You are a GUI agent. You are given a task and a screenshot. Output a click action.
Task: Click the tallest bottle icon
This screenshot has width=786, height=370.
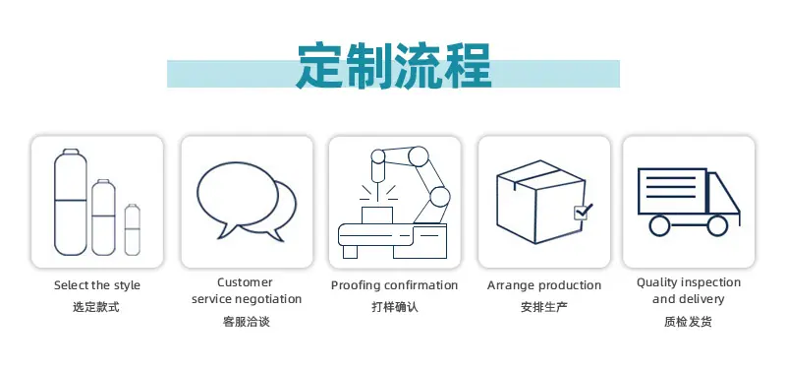pos(70,203)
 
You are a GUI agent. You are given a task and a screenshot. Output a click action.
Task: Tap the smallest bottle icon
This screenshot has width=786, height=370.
pos(133,229)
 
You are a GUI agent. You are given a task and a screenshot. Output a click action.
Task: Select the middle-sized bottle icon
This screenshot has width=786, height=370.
pos(103,217)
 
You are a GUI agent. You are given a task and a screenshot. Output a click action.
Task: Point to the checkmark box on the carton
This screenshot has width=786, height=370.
pos(583,212)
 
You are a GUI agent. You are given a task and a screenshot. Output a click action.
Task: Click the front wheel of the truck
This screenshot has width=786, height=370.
pos(717,225)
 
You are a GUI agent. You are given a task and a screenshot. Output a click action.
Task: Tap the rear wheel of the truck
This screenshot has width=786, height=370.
pos(659,225)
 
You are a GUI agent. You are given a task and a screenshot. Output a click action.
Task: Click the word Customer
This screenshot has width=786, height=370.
pos(245,282)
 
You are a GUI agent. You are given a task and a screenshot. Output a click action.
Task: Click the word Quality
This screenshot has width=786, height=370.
pos(655,282)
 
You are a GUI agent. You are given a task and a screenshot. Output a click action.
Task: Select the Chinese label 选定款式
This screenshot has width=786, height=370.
pos(96,307)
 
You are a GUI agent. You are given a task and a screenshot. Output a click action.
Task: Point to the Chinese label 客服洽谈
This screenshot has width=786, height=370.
pos(247,322)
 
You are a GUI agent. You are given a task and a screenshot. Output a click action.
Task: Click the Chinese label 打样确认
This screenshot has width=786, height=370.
pos(395,307)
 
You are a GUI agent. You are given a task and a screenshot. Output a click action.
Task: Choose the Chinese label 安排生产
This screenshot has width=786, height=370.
pos(544,307)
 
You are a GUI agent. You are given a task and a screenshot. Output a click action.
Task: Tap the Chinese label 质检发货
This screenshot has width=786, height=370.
pos(688,322)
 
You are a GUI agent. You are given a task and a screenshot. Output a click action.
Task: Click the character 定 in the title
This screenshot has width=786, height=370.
pos(320,66)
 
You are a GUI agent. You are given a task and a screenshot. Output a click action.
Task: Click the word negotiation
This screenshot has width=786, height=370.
pos(268,299)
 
